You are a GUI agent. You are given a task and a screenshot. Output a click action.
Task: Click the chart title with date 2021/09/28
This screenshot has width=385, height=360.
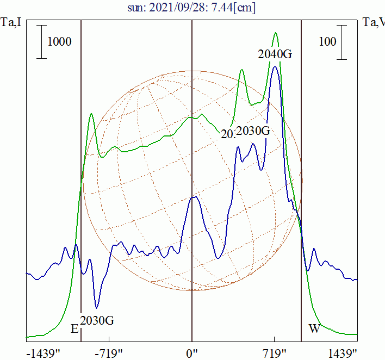(192, 8)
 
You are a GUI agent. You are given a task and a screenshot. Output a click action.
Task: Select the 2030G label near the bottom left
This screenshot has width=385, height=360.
(97, 320)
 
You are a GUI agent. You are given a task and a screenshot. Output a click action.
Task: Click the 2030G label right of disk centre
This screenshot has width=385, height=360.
(253, 131)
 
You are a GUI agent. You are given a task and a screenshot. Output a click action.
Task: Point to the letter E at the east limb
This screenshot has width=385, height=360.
(74, 328)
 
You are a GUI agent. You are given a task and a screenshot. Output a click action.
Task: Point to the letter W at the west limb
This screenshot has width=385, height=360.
(314, 328)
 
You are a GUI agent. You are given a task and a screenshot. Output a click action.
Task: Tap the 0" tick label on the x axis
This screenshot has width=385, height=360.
(192, 353)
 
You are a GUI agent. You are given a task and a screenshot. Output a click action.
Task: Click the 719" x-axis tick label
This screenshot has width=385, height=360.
(275, 353)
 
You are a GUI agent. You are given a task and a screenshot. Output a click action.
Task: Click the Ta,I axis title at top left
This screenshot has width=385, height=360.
(11, 22)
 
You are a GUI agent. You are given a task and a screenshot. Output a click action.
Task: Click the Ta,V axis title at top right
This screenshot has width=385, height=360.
(374, 22)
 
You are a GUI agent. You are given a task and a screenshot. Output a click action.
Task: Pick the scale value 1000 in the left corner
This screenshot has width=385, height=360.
(59, 42)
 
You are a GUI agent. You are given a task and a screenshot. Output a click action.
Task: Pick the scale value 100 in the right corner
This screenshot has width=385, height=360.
(327, 42)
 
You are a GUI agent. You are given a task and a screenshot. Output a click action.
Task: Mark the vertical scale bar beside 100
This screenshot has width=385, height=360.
(342, 42)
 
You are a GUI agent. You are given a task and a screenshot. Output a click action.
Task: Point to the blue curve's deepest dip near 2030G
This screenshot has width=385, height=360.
(97, 308)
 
